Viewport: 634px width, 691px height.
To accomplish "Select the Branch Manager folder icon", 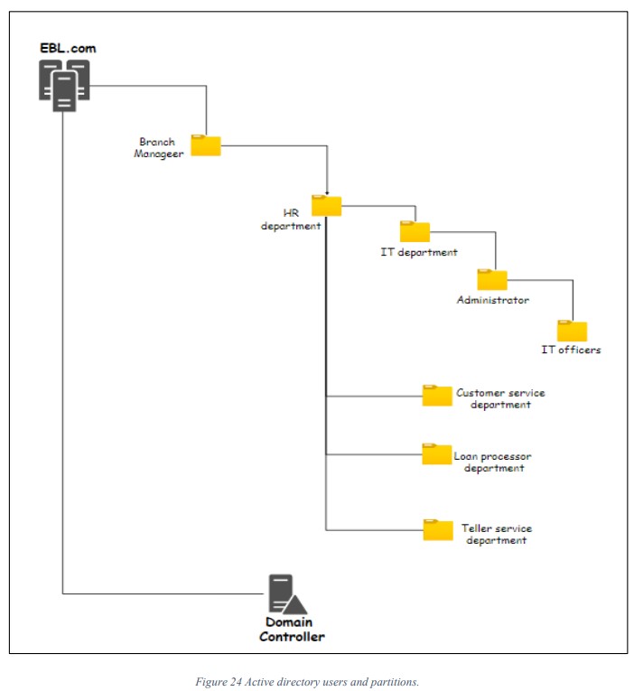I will click(x=206, y=145).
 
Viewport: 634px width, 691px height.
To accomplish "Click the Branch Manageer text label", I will click(x=159, y=147).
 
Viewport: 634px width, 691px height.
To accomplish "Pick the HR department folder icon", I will click(x=326, y=205).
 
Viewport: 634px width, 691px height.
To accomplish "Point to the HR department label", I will click(x=291, y=219).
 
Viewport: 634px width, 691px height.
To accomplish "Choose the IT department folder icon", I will click(x=415, y=231).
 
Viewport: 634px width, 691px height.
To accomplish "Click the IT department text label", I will click(x=419, y=253).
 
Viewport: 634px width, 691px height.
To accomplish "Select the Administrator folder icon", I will click(x=492, y=279).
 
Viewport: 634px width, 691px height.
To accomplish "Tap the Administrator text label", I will click(x=493, y=300).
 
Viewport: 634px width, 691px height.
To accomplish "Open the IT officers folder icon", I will click(x=572, y=330).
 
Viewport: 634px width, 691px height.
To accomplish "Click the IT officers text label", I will click(x=571, y=350).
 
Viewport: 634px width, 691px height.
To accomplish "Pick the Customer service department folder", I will click(x=437, y=395).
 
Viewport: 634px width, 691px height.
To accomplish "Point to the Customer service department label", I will click(x=500, y=398).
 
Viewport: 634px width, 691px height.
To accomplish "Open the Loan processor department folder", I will click(x=437, y=453).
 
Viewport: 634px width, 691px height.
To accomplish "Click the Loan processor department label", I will click(x=493, y=462).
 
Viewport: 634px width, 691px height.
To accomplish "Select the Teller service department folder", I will click(x=438, y=529).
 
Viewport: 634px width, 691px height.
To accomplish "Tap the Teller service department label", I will click(x=497, y=534).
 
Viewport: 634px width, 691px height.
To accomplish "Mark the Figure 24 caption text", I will click(x=307, y=682).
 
